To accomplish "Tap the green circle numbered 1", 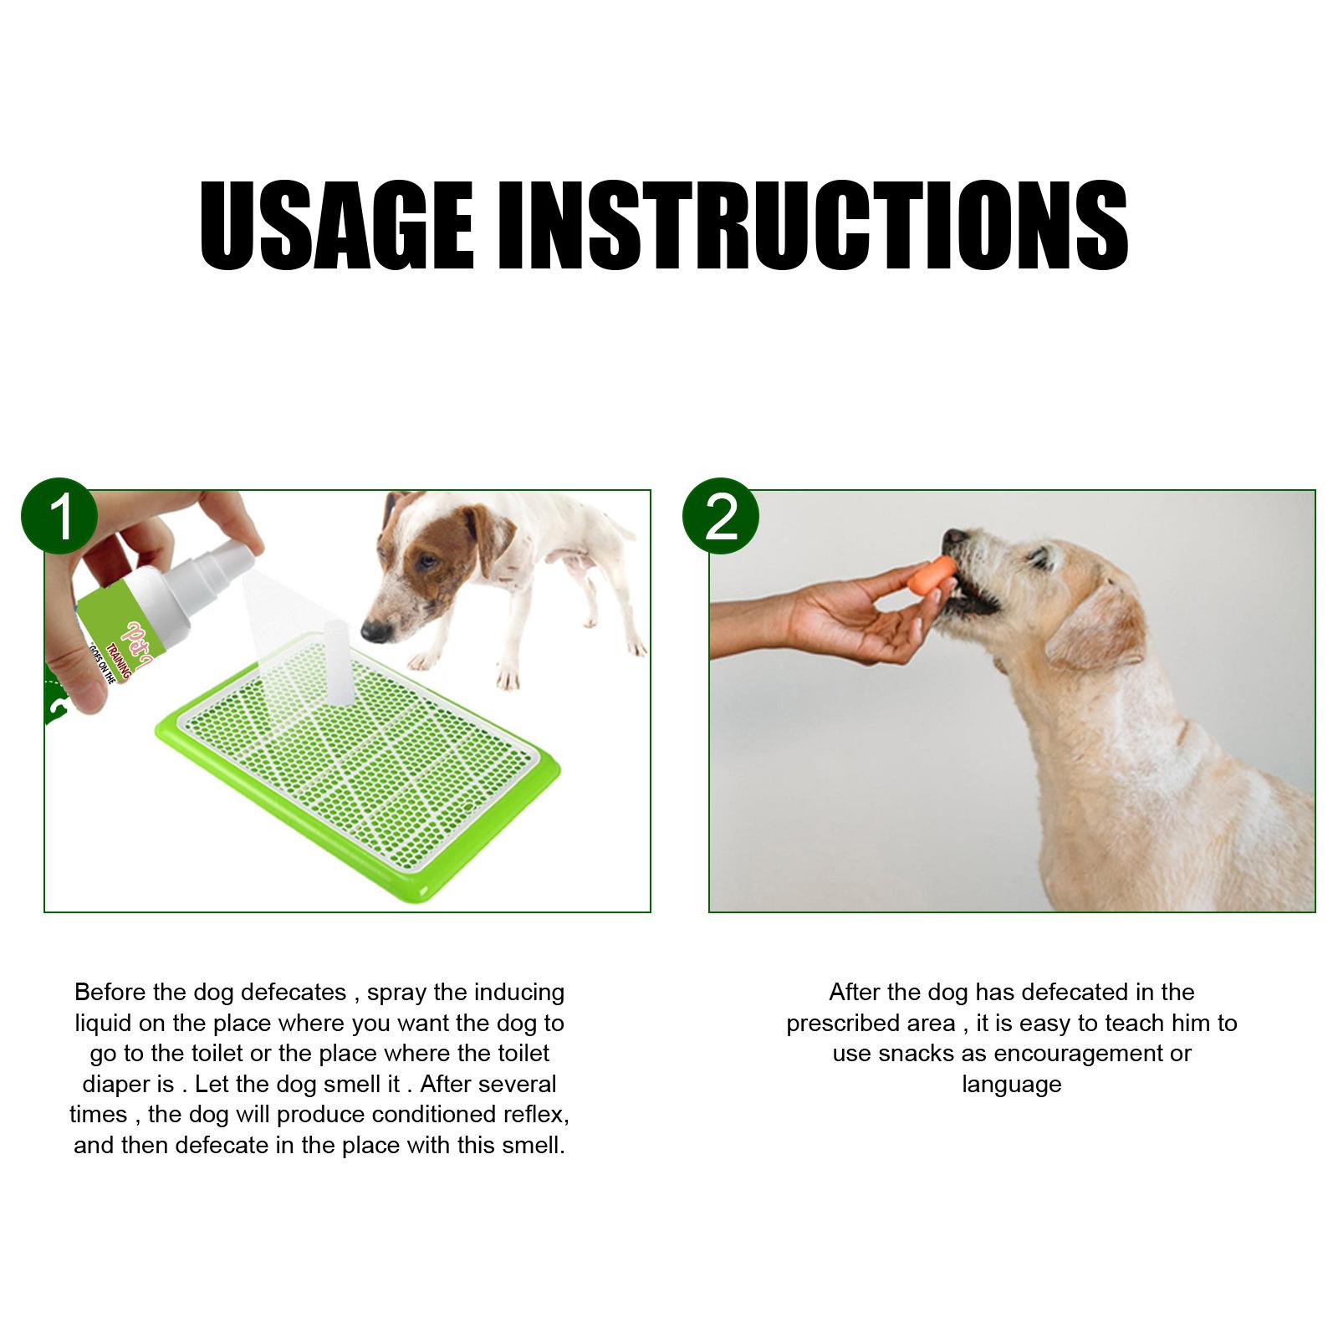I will pyautogui.click(x=59, y=517).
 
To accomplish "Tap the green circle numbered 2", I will pyautogui.click(x=721, y=517).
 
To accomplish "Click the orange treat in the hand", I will pyautogui.click(x=932, y=577).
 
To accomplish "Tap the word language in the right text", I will pyautogui.click(x=1011, y=1085).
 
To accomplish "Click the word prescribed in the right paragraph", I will pyautogui.click(x=871, y=1024).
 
